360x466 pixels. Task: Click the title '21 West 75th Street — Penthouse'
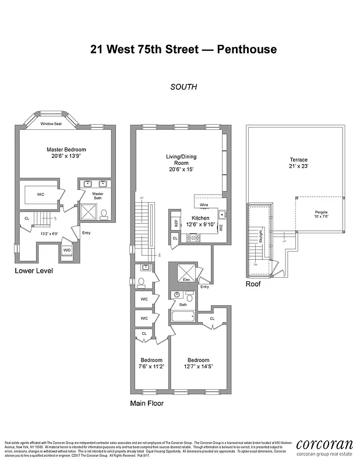click(x=183, y=49)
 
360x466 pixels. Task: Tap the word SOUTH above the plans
click(x=183, y=87)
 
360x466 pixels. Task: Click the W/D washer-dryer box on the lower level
click(x=67, y=250)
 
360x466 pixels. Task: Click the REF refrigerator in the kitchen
click(x=175, y=222)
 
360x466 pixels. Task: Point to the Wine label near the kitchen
click(x=204, y=205)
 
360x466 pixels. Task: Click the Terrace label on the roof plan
click(x=299, y=163)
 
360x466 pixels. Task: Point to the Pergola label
click(x=320, y=214)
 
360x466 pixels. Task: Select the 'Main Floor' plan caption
click(x=147, y=403)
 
